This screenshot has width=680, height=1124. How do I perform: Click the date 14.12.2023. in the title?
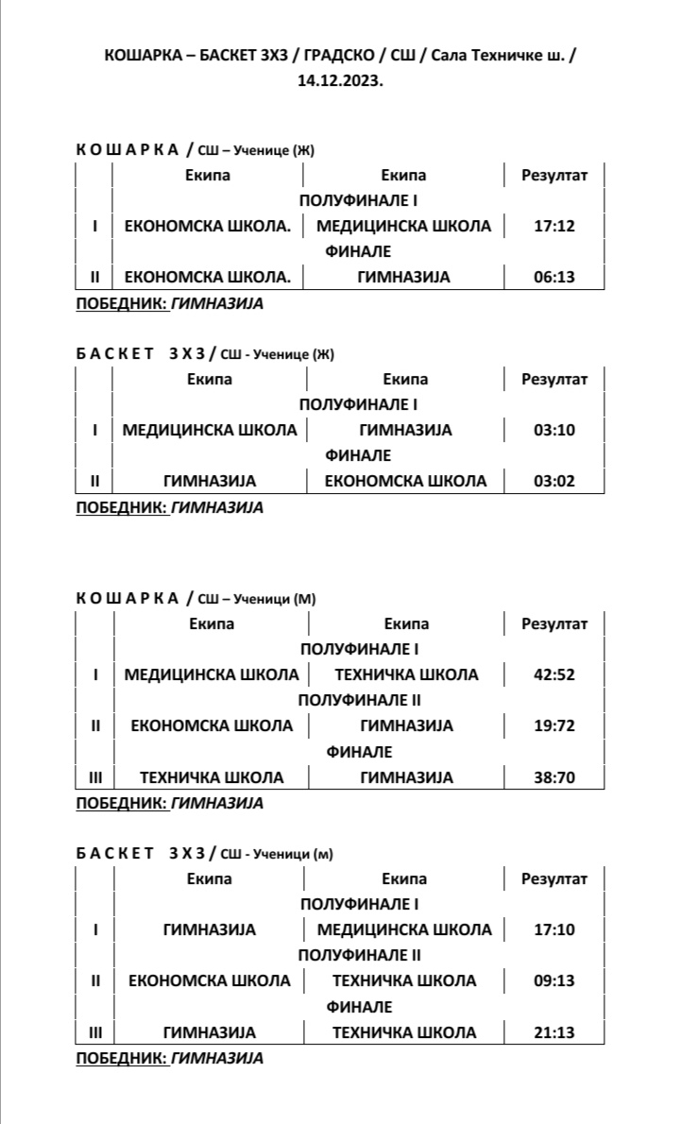click(340, 81)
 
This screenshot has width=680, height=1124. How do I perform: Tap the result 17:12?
click(554, 226)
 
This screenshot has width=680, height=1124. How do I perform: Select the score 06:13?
click(554, 277)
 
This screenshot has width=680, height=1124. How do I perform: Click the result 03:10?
click(554, 430)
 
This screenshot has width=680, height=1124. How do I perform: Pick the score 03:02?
click(554, 481)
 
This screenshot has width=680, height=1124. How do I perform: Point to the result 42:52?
click(554, 674)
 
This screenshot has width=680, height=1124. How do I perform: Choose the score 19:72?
click(554, 725)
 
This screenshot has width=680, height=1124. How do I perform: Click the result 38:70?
click(554, 777)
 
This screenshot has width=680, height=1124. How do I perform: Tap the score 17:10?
click(554, 929)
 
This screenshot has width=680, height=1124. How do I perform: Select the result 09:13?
click(554, 980)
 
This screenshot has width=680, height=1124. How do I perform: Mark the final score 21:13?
click(554, 1032)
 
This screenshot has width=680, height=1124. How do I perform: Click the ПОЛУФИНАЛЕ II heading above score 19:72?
click(359, 700)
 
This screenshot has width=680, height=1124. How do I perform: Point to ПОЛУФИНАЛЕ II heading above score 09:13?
click(359, 955)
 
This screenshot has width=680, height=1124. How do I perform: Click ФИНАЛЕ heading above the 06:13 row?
click(359, 251)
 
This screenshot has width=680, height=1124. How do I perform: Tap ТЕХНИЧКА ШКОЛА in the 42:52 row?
click(406, 674)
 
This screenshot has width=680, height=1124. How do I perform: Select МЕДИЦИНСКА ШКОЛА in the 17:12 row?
click(403, 226)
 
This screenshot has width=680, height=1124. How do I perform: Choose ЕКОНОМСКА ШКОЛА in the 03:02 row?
click(405, 481)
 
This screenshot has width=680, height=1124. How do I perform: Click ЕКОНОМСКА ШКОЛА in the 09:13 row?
click(210, 980)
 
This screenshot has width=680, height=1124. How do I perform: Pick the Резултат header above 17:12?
click(554, 175)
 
